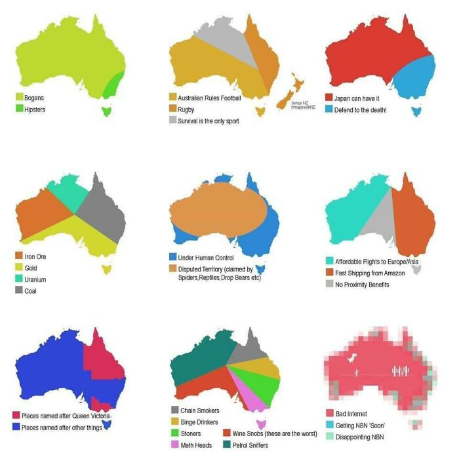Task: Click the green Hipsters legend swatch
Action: click(x=20, y=110)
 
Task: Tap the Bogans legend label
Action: click(x=34, y=98)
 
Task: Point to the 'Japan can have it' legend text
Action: click(x=357, y=98)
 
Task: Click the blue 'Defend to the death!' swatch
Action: click(x=330, y=110)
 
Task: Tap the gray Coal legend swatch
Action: click(x=20, y=290)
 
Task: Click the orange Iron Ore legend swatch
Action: click(x=20, y=256)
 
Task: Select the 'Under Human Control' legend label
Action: click(x=207, y=258)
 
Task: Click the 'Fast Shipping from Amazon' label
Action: click(x=370, y=273)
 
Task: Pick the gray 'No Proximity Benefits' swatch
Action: click(x=330, y=285)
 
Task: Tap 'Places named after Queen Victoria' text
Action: click(x=66, y=416)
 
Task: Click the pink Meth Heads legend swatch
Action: click(x=174, y=445)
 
